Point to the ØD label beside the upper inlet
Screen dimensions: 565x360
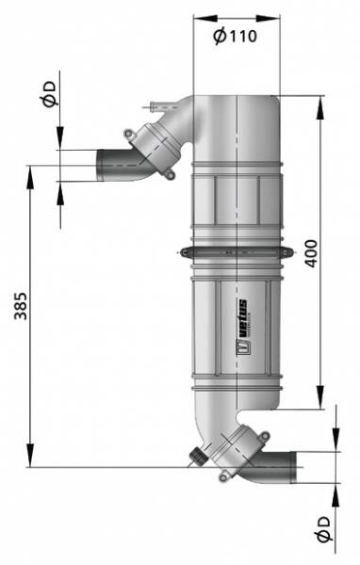(49, 94)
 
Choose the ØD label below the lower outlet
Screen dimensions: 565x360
(323, 528)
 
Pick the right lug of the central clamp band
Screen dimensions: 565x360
(288, 253)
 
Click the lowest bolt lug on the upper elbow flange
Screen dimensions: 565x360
(170, 174)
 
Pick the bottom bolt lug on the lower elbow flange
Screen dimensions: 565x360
(224, 476)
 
